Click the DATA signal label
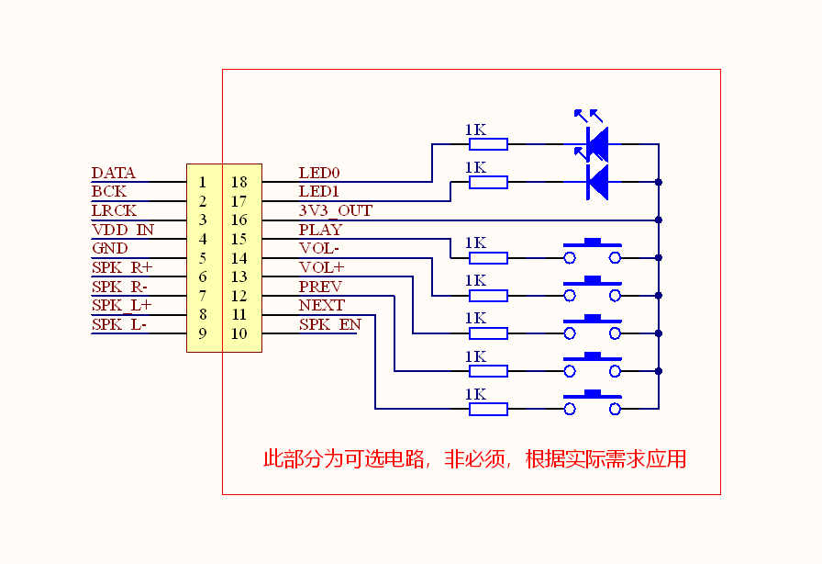pyautogui.click(x=113, y=173)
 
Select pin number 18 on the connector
pyautogui.click(x=239, y=182)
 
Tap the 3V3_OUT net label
pyautogui.click(x=336, y=210)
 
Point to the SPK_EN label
pyautogui.click(x=330, y=324)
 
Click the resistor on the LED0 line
pyautogui.click(x=488, y=144)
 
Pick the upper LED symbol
pyautogui.click(x=593, y=137)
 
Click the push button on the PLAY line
pyautogui.click(x=593, y=251)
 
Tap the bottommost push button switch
pyautogui.click(x=593, y=402)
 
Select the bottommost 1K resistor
pyautogui.click(x=488, y=409)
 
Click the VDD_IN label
pyautogui.click(x=123, y=230)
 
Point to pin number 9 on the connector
pyautogui.click(x=203, y=333)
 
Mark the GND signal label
pyautogui.click(x=109, y=248)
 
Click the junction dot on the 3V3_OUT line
pyautogui.click(x=659, y=220)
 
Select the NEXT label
pyautogui.click(x=322, y=305)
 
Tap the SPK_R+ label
pyautogui.click(x=122, y=268)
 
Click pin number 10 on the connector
pyautogui.click(x=239, y=333)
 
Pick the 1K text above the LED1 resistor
pyautogui.click(x=475, y=167)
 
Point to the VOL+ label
pyautogui.click(x=321, y=268)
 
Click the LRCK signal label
pyautogui.click(x=114, y=210)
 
